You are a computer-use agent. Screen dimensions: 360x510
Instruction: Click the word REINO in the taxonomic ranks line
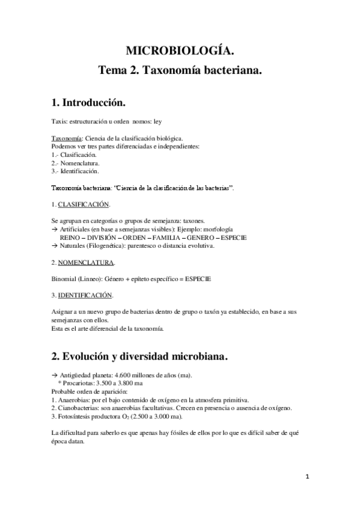[71, 238]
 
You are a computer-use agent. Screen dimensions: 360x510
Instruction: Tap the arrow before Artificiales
[55, 230]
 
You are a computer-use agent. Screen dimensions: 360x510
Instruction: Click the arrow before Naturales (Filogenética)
[55, 246]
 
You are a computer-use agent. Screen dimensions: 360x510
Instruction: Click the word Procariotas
[81, 383]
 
